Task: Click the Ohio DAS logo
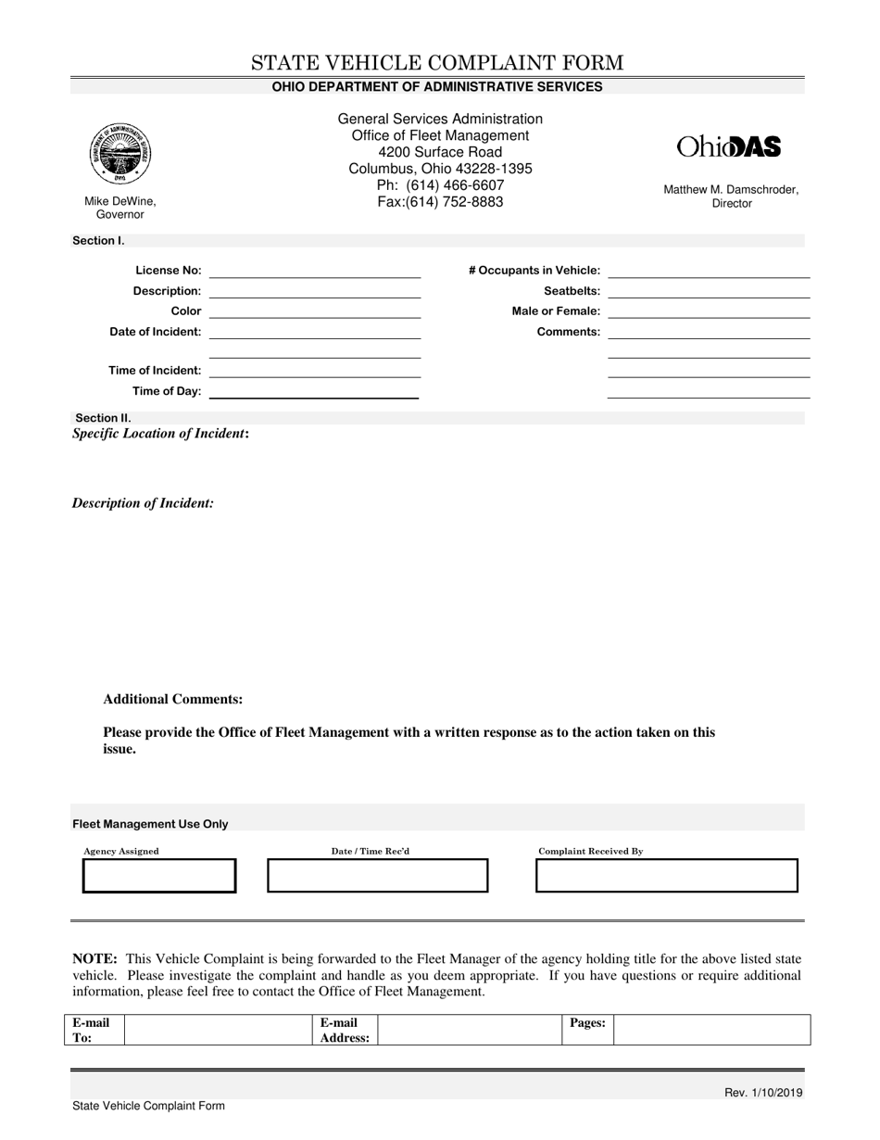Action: pos(729,146)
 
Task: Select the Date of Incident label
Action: pos(156,332)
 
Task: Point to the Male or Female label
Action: pos(556,311)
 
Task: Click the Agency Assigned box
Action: pos(159,876)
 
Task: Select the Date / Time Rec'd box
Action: pos(377,876)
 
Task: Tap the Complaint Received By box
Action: pos(666,876)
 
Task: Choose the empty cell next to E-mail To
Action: pos(218,1030)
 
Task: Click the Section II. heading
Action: pos(103,418)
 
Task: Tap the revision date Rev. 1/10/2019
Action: pos(763,1093)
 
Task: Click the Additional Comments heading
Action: pos(173,700)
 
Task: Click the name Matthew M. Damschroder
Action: pos(730,190)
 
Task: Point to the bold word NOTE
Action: pos(94,958)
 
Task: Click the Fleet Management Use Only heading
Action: pos(150,824)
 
